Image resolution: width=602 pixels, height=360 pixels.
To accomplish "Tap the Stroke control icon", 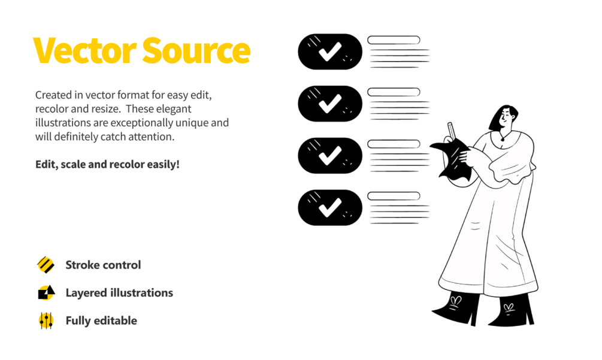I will (x=46, y=265).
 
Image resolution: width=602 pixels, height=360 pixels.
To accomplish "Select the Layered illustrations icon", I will (x=46, y=293).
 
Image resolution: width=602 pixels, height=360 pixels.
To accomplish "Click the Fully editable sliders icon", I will (x=46, y=320).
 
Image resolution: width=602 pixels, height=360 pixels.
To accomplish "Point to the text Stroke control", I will (x=103, y=265).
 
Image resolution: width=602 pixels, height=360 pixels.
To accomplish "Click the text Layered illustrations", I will (x=119, y=293).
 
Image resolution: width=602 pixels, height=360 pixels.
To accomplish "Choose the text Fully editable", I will (x=101, y=320).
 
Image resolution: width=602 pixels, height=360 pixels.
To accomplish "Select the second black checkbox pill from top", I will (x=330, y=104).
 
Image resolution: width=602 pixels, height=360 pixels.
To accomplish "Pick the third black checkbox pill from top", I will (x=330, y=156).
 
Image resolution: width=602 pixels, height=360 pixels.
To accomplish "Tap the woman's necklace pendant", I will (x=502, y=141).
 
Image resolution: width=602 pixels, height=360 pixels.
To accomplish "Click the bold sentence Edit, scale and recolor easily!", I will (x=107, y=164).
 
